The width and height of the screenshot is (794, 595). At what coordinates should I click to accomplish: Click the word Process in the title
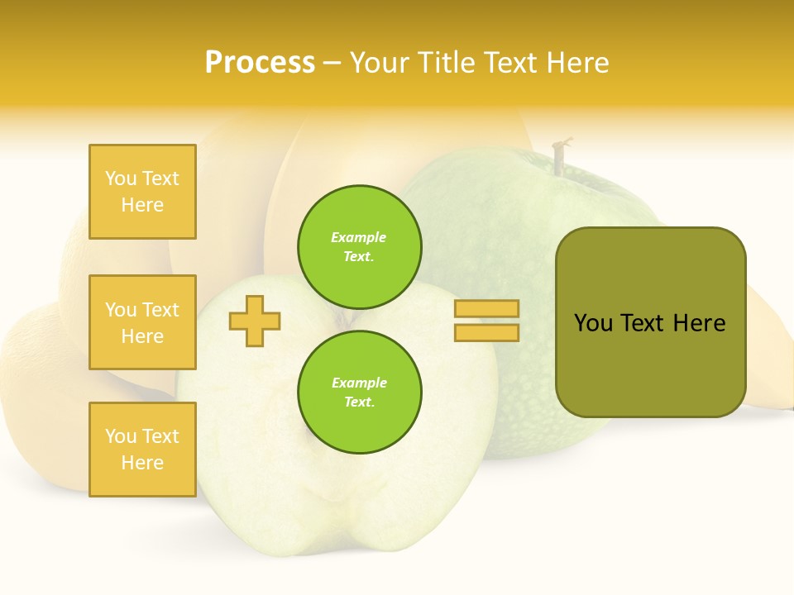click(x=260, y=63)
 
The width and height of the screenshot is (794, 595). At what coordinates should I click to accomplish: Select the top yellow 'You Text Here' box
click(x=142, y=192)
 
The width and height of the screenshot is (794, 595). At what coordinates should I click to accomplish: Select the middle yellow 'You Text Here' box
click(x=142, y=322)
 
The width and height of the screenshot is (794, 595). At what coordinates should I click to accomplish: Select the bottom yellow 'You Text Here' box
click(x=142, y=449)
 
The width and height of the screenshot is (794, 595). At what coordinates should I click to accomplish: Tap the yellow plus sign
click(x=255, y=321)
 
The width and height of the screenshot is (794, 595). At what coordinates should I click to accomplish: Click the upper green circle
click(x=359, y=246)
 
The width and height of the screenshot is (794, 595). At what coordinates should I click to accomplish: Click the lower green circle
click(x=359, y=392)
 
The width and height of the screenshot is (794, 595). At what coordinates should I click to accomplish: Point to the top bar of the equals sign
click(x=486, y=309)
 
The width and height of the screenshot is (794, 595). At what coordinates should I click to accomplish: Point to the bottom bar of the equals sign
click(x=486, y=332)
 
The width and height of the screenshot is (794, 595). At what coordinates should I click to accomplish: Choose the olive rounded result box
click(x=650, y=322)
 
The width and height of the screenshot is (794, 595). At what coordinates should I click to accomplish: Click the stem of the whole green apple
click(x=561, y=157)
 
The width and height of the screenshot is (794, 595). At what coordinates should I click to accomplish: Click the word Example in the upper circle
click(x=358, y=237)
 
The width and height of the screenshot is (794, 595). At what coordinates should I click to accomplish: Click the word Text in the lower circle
click(x=358, y=402)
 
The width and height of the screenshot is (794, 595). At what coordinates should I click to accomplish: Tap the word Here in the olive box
click(x=699, y=323)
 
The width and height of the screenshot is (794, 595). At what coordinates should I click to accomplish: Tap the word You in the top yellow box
click(x=120, y=178)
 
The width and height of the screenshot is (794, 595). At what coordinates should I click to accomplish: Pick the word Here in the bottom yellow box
click(x=142, y=463)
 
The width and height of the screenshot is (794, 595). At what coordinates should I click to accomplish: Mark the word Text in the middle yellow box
click(x=160, y=310)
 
